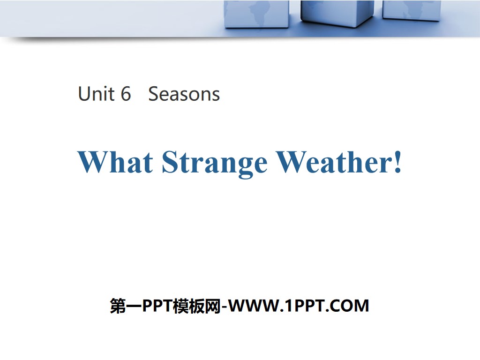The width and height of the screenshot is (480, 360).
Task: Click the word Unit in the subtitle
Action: pos(96,94)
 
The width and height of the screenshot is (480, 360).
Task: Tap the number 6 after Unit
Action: pos(126,94)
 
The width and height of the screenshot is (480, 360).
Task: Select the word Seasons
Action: pos(184,94)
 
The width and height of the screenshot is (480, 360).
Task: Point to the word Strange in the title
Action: pos(214,163)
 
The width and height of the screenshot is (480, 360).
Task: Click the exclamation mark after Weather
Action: pos(397,162)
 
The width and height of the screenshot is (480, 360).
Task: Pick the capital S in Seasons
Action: pos(153,94)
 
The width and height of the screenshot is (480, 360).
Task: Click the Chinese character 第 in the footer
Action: pos(117,306)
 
